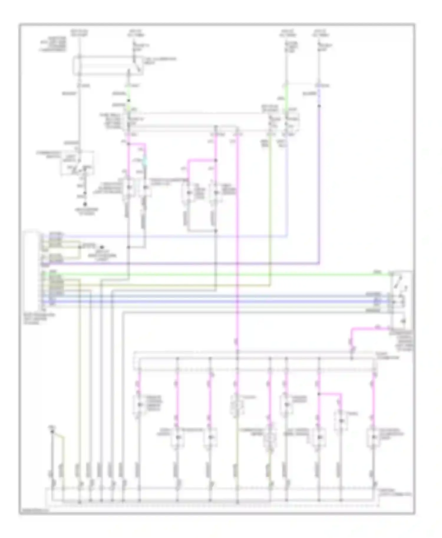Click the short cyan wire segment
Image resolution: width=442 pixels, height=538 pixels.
pyautogui.click(x=144, y=162)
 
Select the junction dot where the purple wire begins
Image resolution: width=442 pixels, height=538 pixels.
pyautogui.click(x=319, y=105)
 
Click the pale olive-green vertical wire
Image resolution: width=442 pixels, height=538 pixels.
pyautogui.click(x=270, y=212)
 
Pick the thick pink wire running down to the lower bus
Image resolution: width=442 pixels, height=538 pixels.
pyautogui.click(x=238, y=235)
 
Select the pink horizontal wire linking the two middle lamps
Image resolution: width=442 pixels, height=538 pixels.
pyautogui.click(x=202, y=161)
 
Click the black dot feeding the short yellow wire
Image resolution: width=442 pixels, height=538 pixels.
pyautogui.click(x=52, y=431)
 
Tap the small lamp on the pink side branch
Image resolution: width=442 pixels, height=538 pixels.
pyautogui.click(x=341, y=421)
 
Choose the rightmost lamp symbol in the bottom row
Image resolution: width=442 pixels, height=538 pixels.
pyautogui.click(x=373, y=437)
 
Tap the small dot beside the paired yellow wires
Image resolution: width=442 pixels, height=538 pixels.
pyautogui.click(x=102, y=247)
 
